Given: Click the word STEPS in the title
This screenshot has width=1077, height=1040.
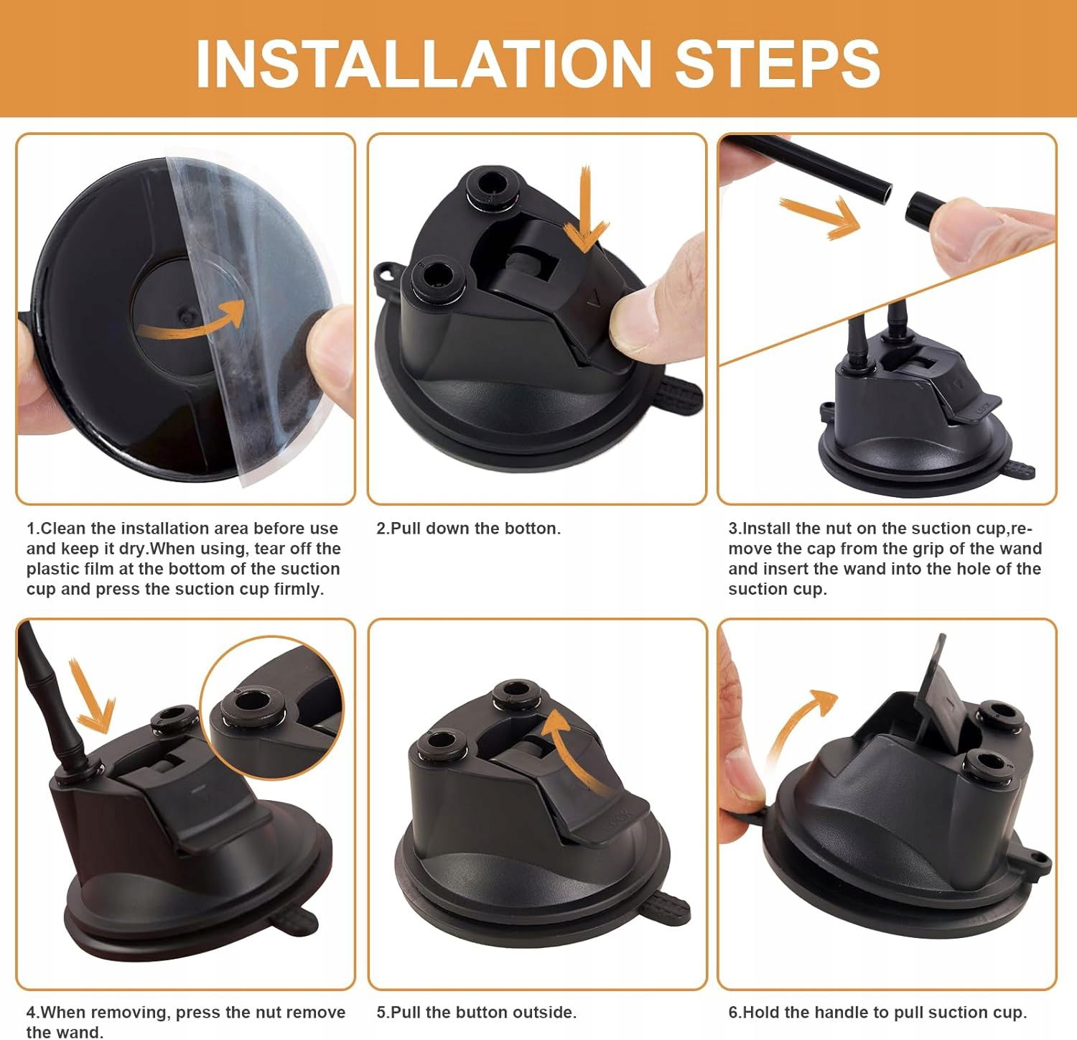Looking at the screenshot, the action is pyautogui.click(x=778, y=63).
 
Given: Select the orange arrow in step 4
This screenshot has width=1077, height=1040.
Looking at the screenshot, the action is pyautogui.click(x=93, y=695).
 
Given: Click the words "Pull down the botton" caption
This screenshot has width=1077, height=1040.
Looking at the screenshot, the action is pyautogui.click(x=475, y=529).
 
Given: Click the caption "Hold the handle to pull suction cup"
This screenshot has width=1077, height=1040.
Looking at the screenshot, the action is pyautogui.click(x=884, y=1013).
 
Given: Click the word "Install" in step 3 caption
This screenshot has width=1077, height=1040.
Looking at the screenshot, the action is pyautogui.click(x=767, y=529).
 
